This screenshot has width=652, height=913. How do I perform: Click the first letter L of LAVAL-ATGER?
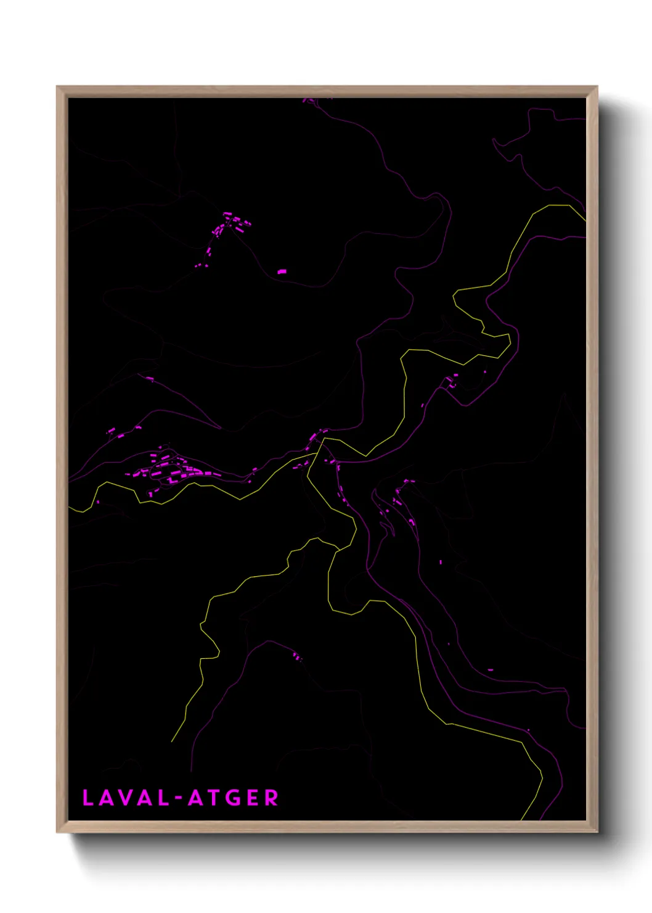pyautogui.click(x=88, y=798)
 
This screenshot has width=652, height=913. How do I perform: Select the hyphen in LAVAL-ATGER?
pyautogui.click(x=179, y=798)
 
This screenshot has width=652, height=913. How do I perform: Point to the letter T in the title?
pyautogui.click(x=213, y=798)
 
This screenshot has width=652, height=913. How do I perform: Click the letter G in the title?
pyautogui.click(x=232, y=798)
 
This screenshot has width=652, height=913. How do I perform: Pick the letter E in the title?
pyautogui.click(x=253, y=798)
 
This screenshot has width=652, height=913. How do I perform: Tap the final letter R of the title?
pyautogui.click(x=271, y=798)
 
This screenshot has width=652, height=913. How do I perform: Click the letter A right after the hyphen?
pyautogui.click(x=195, y=798)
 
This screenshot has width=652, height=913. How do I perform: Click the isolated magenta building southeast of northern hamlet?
pyautogui.click(x=282, y=271)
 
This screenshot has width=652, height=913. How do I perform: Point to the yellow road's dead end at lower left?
pyautogui.click(x=172, y=741)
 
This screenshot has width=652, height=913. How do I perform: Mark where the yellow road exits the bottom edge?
pyautogui.click(x=521, y=820)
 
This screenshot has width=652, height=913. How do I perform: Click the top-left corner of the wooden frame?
pyautogui.click(x=57, y=86)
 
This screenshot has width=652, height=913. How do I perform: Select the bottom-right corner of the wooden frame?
pyautogui.click(x=597, y=832)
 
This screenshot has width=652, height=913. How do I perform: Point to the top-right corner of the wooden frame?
pyautogui.click(x=597, y=86)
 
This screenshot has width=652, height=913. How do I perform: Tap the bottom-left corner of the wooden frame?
pyautogui.click(x=57, y=832)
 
